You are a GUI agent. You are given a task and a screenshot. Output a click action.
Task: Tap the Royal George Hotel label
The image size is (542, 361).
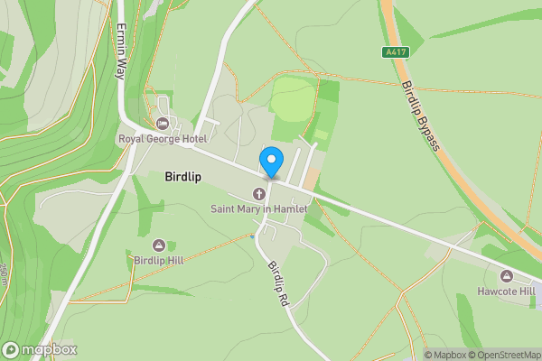tap(163, 138)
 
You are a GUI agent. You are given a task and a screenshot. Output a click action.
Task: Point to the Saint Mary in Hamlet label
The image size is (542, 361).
tap(259, 208)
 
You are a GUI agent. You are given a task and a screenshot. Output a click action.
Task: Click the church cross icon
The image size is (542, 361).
tap(259, 194)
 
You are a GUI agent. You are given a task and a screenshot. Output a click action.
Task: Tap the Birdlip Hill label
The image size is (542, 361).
tap(159, 261)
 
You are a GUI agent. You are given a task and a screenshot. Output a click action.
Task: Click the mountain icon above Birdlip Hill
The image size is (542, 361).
tap(159, 245)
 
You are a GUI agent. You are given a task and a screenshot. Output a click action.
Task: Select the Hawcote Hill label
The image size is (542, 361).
tap(506, 291)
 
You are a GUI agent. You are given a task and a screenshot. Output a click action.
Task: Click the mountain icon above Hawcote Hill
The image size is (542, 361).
tap(506, 275)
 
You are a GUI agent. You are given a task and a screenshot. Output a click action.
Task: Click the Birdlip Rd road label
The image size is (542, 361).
tap(277, 282)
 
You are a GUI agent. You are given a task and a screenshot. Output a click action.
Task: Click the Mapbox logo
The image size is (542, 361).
tap(40, 349)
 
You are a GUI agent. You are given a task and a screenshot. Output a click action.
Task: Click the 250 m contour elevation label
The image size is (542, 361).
tap(5, 271)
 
